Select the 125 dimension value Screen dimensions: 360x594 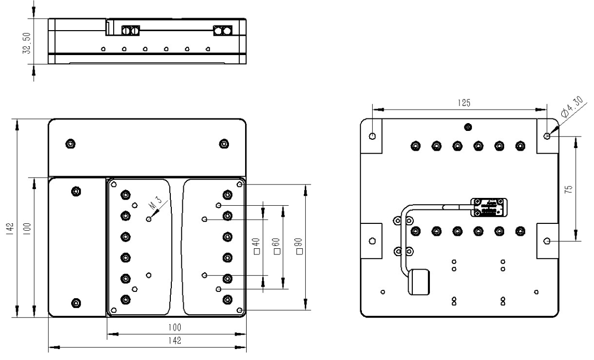(x=461, y=103)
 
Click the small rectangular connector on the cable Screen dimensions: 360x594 (x=489, y=207)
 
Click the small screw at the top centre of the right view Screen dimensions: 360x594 (x=468, y=127)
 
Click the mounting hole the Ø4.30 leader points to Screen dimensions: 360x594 (x=547, y=136)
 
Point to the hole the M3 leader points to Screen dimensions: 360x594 (x=149, y=219)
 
